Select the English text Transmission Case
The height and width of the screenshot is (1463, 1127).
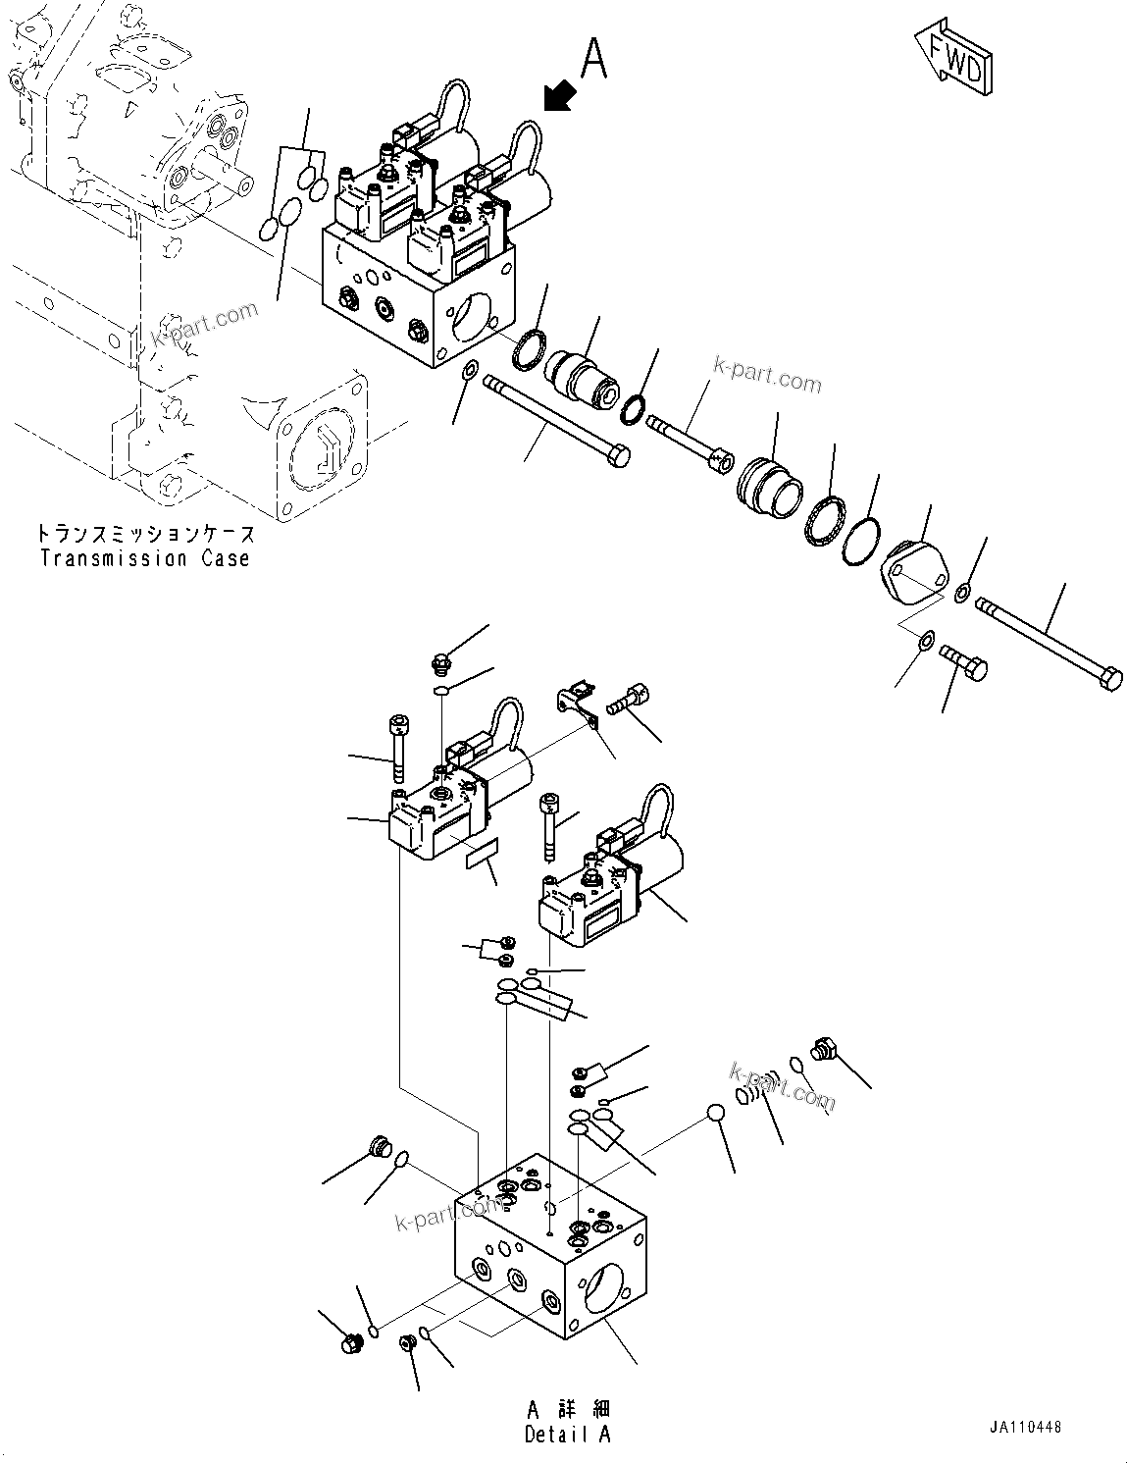pos(145,559)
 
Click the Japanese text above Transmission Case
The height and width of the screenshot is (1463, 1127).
pos(145,535)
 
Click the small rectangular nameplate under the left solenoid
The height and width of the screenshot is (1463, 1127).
pos(481,854)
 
